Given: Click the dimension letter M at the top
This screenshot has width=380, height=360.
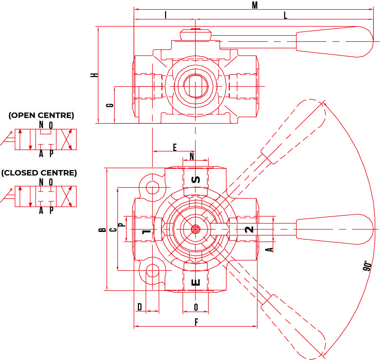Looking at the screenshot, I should pos(255,5).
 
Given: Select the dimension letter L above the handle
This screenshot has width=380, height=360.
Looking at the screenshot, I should pos(285,15).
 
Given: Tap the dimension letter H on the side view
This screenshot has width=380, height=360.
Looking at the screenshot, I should pos(94,75).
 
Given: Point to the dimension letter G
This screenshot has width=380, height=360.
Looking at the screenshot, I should pos(110,105).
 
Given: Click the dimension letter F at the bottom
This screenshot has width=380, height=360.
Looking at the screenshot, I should pos(196,322).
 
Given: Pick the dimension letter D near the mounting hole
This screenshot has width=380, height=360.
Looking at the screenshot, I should pos(140,307).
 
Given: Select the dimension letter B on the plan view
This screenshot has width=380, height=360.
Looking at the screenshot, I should pos(102,229).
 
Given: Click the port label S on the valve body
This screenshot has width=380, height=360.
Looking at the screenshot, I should pos(195,179).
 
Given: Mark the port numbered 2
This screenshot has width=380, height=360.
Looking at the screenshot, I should pos(249,229).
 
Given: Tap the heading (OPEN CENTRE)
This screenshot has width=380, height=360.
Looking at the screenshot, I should pos(41,115).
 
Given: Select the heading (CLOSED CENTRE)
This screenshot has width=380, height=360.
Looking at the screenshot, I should pos(39,173).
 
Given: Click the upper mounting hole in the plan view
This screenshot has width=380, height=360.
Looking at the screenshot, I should pos(152,187).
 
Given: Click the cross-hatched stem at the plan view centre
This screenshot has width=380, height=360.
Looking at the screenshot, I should pos(195,229).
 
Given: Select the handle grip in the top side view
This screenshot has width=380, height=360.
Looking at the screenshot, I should pos(334,41).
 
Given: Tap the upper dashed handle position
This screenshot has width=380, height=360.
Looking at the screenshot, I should pos(293,132).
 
